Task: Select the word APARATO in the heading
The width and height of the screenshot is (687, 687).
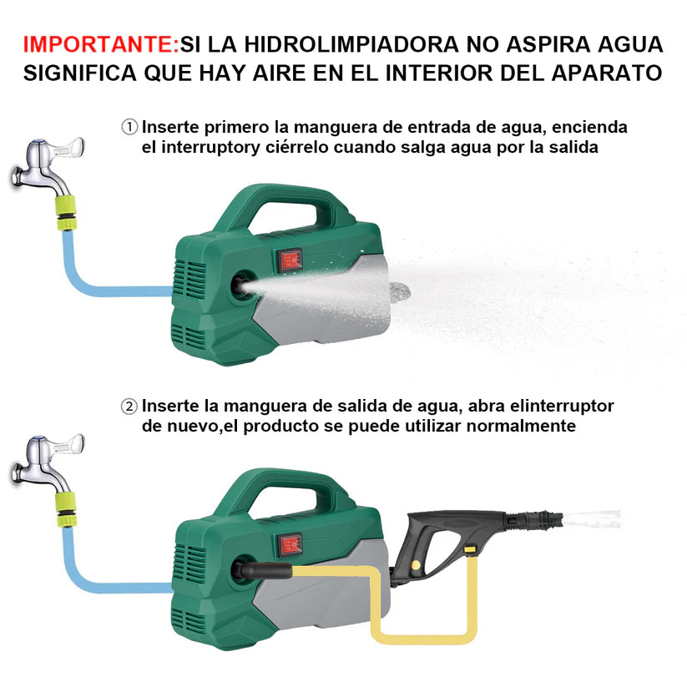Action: point(606,73)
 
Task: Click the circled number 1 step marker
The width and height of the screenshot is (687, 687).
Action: point(129,127)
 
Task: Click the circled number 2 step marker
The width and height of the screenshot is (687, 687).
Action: point(129,407)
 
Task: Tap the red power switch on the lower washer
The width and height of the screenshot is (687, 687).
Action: point(290,545)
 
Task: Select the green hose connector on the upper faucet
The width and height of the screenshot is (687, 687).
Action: point(66,214)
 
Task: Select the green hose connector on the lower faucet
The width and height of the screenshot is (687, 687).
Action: point(66,509)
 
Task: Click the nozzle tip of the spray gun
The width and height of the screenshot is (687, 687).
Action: point(556,519)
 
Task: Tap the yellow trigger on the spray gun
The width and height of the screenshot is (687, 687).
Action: point(470,549)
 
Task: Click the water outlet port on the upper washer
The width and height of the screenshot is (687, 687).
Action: point(240,286)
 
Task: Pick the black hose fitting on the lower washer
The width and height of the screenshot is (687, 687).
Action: point(262,571)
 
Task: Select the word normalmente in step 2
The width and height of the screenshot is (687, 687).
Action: point(521,426)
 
